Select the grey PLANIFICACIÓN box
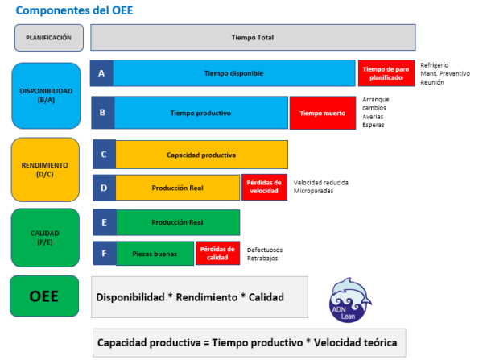click(48, 38)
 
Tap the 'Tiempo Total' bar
click(253, 38)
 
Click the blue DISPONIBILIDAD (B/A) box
click(46, 95)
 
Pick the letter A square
click(101, 73)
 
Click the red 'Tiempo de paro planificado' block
click(386, 73)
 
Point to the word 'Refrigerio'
click(435, 64)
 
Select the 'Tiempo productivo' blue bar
click(200, 114)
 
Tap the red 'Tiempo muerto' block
click(322, 114)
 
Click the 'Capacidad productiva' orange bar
click(201, 154)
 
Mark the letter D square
click(104, 188)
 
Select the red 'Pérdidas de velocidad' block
click(264, 188)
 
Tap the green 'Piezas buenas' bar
click(155, 253)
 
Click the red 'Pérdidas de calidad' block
click(217, 253)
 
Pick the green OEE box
click(44, 296)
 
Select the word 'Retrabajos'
click(264, 259)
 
